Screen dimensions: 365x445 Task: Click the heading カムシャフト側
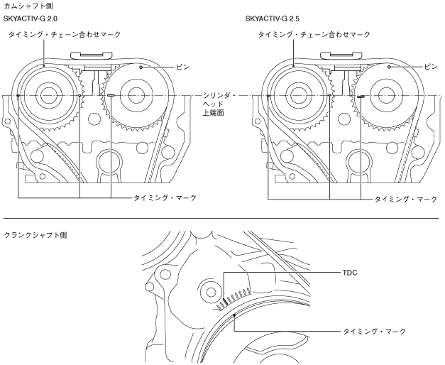pos(23,6)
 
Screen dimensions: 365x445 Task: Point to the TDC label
pos(350,271)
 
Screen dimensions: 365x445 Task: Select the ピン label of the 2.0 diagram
pos(183,67)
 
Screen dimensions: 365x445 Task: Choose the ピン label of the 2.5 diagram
pos(432,67)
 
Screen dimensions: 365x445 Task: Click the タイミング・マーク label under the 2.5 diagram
pos(406,199)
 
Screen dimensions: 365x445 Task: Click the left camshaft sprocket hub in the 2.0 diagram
pos(48,95)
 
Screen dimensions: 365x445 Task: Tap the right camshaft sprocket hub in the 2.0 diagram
pos(137,95)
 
